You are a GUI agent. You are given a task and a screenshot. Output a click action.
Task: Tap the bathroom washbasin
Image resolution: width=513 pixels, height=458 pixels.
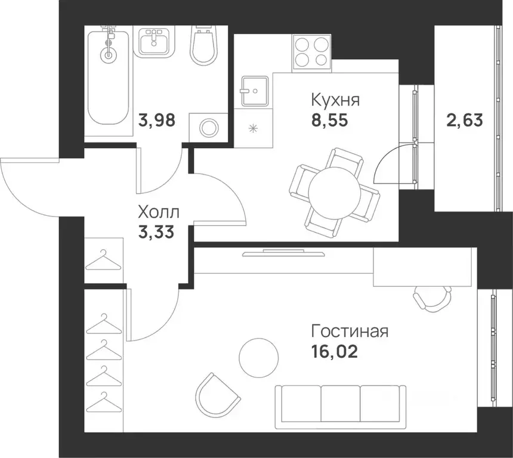pyautogui.click(x=154, y=41)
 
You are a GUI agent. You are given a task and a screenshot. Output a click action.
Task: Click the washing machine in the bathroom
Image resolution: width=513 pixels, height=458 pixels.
pyautogui.click(x=209, y=128)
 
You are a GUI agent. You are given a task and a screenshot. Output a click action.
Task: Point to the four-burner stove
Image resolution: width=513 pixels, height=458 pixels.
pyautogui.click(x=311, y=50)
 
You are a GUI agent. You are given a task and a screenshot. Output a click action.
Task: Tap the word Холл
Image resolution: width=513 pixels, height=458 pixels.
pyautogui.click(x=157, y=212)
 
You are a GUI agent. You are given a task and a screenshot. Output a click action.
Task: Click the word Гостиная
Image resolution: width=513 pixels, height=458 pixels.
pyautogui.click(x=350, y=331)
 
